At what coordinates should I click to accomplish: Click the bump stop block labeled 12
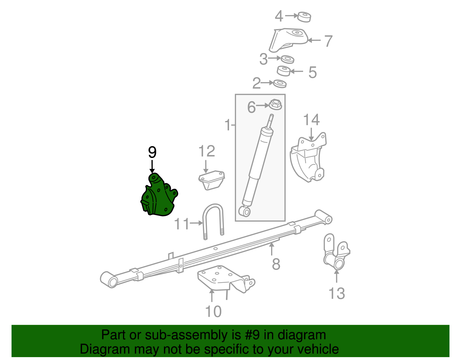pyautogui.click(x=212, y=180)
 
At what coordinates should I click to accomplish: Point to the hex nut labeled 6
pyautogui.click(x=275, y=104)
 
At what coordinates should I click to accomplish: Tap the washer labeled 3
pyautogui.click(x=287, y=60)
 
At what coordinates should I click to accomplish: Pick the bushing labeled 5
pyautogui.click(x=284, y=71)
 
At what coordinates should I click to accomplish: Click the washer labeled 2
pyautogui.click(x=279, y=84)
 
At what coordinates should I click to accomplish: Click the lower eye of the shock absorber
pyautogui.click(x=246, y=211)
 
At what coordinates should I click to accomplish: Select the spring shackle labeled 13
pyautogui.click(x=336, y=254)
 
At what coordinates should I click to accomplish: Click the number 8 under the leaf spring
pyautogui.click(x=276, y=264)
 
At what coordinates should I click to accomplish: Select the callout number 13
pyautogui.click(x=336, y=293)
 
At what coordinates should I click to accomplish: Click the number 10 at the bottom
pyautogui.click(x=213, y=311)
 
